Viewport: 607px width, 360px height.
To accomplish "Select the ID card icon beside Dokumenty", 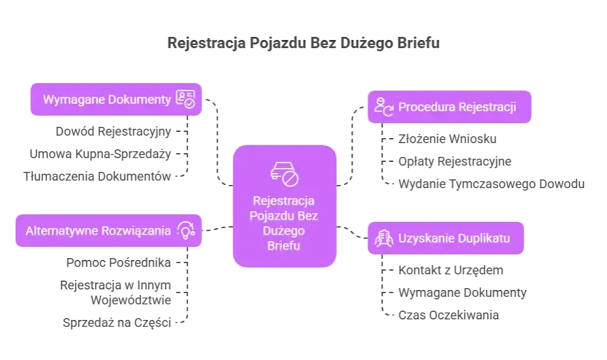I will click(x=186, y=99).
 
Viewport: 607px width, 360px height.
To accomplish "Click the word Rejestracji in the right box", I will click(x=487, y=107).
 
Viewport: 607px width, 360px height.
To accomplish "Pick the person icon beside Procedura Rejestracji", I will click(x=383, y=107).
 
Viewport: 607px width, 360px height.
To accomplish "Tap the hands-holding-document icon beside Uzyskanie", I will click(x=383, y=237).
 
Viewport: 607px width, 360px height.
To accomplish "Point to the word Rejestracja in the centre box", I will click(x=284, y=202).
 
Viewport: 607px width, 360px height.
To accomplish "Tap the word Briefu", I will click(x=284, y=246).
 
